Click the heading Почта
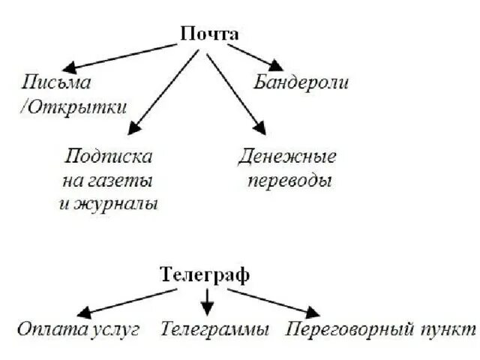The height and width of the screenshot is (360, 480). tap(209, 34)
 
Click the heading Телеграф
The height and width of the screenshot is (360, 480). tap(205, 274)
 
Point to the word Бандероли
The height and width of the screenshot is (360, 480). tap(301, 82)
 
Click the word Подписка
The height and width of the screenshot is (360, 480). tap(109, 157)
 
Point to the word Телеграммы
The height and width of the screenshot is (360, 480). tap(214, 329)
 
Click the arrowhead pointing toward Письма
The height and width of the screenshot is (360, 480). tap(70, 67)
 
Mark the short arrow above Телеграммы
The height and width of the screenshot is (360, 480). tap(208, 301)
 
